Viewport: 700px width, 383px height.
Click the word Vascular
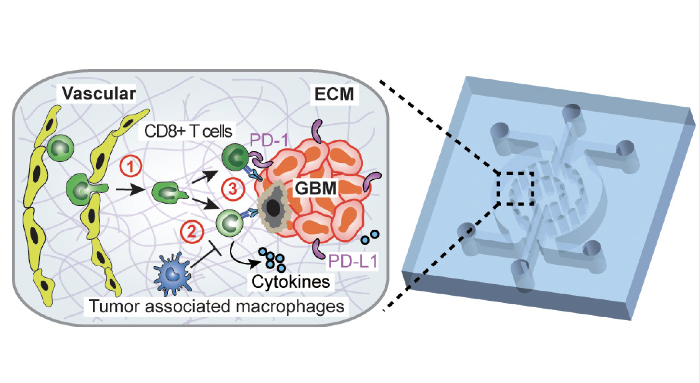pos(99,94)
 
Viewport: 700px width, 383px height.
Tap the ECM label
pos(334,94)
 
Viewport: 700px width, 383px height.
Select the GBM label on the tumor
pos(315,188)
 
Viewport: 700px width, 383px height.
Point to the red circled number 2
pos(192,232)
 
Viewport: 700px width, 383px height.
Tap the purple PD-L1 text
pos(353,261)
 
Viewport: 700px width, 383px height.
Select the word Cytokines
pos(290,282)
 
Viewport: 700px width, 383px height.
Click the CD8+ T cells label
pos(188,132)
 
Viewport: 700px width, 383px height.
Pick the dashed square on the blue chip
pos(516,188)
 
